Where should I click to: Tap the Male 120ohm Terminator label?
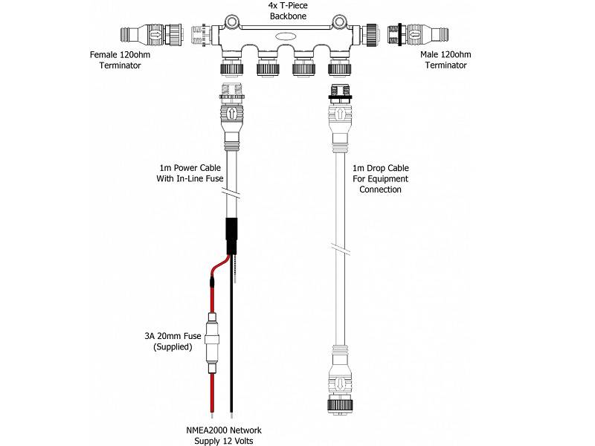coord(446,59)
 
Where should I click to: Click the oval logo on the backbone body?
coord(287,36)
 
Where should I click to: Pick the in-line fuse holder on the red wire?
coord(213,345)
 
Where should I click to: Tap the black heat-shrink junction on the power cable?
coord(231,236)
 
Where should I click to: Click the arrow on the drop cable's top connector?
coord(340,116)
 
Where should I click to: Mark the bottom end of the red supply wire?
coord(213,410)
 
